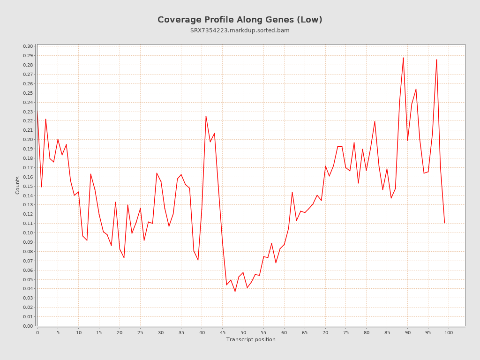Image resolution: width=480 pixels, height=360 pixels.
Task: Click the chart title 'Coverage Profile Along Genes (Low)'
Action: point(240,20)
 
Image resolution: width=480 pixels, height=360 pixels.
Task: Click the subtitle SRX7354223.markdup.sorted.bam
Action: point(240,30)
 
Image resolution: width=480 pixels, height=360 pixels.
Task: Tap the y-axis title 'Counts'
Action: point(18,185)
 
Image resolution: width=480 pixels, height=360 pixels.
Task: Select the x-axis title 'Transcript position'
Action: point(251,339)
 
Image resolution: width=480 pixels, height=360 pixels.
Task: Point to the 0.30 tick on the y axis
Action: point(28,46)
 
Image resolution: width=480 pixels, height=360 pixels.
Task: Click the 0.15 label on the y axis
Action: point(28,186)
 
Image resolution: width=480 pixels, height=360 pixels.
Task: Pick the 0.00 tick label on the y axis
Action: point(28,326)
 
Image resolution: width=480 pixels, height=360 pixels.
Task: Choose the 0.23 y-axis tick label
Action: point(28,112)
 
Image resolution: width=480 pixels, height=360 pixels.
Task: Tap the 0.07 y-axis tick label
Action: point(28,261)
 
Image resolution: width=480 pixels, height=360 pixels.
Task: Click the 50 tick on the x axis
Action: point(243,332)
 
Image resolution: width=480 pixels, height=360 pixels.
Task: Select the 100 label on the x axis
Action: point(449,332)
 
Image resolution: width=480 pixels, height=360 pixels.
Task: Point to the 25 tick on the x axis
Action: point(140,332)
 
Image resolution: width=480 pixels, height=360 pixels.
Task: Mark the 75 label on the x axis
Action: point(346,332)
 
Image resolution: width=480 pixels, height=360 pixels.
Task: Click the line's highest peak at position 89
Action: point(403,58)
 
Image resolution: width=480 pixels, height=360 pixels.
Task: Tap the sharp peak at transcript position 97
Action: point(436,60)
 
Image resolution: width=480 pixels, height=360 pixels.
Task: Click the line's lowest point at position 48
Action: point(235,292)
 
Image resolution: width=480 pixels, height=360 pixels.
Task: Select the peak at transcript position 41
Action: point(206,116)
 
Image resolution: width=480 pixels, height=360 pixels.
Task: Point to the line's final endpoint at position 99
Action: point(444,223)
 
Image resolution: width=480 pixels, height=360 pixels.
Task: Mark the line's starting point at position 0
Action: point(37,111)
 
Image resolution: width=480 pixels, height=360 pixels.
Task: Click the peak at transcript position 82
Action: point(375,121)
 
